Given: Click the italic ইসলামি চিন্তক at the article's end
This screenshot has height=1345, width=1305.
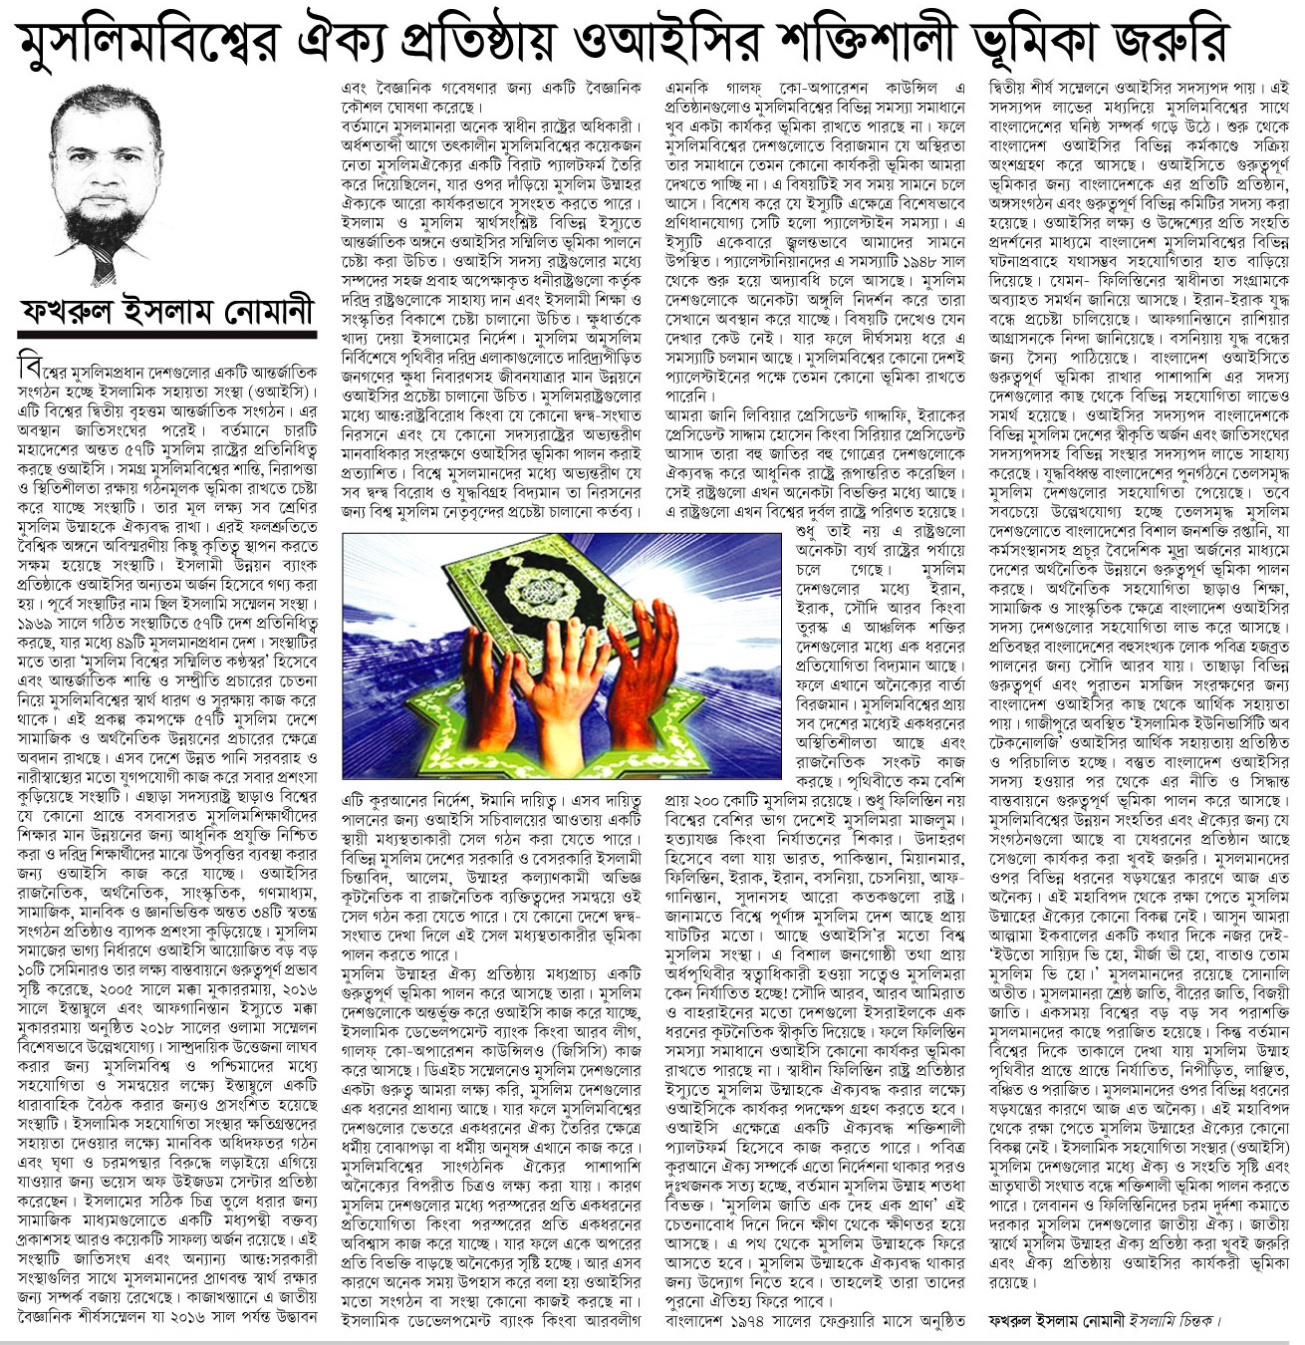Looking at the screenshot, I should click(x=1172, y=1320).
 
